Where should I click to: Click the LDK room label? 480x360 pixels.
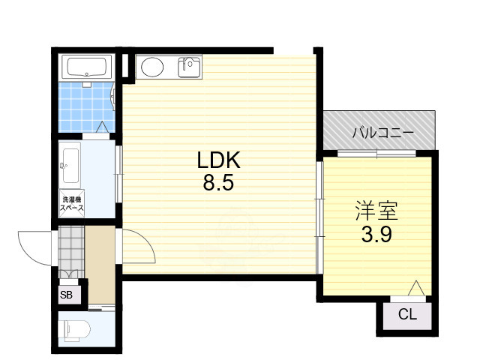coord(218,160)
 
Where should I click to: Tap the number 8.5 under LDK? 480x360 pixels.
coord(218,183)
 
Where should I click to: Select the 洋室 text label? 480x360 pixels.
coord(376,211)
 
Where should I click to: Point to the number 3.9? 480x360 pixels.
coord(376,235)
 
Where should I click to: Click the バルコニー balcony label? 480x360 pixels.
coord(383,133)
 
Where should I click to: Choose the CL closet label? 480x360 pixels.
coord(407,314)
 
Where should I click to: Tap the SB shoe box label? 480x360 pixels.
coord(67,295)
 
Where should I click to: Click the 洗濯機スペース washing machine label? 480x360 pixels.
coord(72,203)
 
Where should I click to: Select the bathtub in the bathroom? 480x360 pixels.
coord(87,66)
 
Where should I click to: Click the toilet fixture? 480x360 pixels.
coord(74,330)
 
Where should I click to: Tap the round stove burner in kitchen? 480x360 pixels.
coord(152,67)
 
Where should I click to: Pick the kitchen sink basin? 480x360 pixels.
coord(189,67)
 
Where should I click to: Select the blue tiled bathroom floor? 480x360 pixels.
coord(86,107)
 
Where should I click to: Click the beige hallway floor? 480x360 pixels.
coord(100,265)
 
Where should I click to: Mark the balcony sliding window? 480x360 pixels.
coord(376,153)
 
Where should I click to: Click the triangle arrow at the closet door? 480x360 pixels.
coord(416,288)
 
